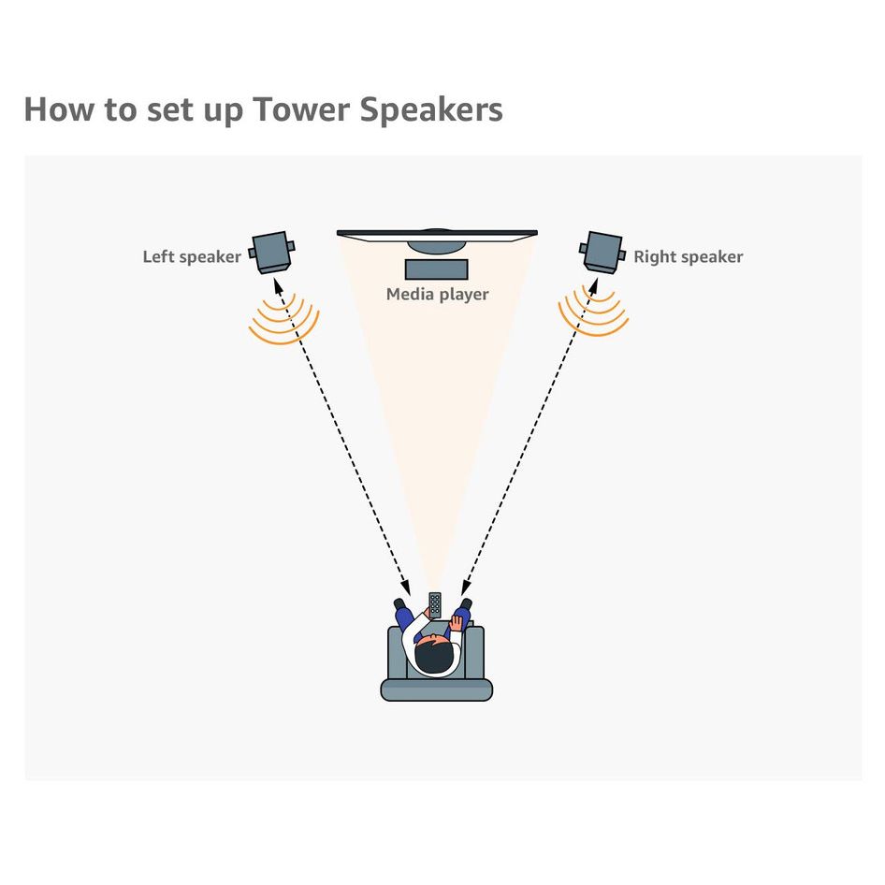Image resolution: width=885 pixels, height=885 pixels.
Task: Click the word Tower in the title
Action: (x=301, y=109)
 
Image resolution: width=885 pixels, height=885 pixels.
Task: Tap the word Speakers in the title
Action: (x=431, y=109)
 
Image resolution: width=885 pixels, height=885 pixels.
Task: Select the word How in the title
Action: (x=59, y=109)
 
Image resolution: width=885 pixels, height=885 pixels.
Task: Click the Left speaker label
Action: (x=192, y=257)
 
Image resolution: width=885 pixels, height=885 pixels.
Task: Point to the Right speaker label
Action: (x=688, y=257)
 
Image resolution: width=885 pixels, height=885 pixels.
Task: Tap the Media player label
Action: (x=438, y=294)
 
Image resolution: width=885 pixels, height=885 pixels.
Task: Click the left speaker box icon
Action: (x=271, y=252)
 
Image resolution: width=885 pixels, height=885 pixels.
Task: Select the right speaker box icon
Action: (x=602, y=252)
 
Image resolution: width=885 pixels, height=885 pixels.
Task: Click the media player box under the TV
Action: (x=436, y=269)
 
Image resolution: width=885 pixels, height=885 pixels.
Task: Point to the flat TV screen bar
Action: (x=437, y=234)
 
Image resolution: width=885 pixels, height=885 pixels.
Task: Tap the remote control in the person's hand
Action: (x=435, y=605)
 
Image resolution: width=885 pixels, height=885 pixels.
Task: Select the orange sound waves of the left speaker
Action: (x=283, y=320)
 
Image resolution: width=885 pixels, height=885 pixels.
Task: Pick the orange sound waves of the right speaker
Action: (x=593, y=312)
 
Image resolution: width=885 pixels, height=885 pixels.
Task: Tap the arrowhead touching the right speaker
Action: (x=593, y=285)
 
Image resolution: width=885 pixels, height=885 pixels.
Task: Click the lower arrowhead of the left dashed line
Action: (x=405, y=587)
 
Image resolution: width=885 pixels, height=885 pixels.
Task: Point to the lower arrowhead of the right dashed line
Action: (x=466, y=587)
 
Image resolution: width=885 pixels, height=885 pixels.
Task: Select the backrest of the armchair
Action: (x=436, y=689)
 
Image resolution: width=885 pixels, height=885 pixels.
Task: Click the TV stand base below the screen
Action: (x=437, y=247)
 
